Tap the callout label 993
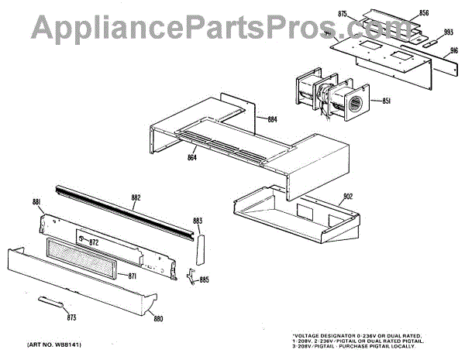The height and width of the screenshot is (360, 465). [448, 33]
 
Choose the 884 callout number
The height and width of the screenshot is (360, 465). [272, 119]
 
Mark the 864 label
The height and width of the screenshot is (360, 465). [192, 158]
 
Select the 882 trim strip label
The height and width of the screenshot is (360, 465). [136, 198]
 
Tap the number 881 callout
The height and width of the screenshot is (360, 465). [36, 202]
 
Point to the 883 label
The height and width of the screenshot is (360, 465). [198, 221]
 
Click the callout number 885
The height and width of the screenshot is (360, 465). [204, 279]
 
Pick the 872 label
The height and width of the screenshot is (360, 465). [94, 243]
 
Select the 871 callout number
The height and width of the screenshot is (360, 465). [133, 276]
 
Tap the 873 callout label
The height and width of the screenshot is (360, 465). [72, 317]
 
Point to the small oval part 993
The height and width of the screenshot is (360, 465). [427, 45]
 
